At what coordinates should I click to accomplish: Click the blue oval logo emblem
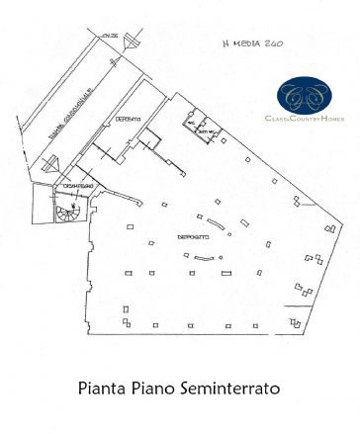click(304, 96)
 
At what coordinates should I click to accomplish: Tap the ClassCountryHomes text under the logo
click(305, 121)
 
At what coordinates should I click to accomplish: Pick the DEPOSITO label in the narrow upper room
click(128, 118)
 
